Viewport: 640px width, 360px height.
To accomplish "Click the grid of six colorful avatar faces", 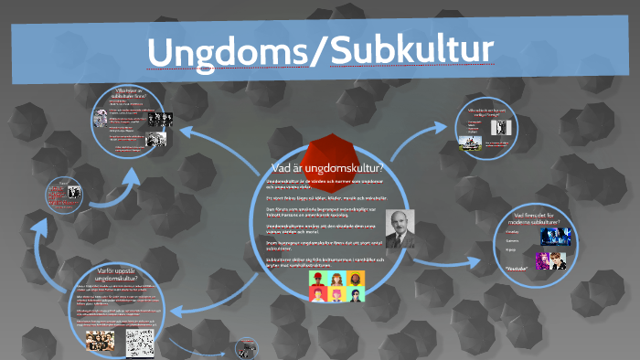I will (x=336, y=286).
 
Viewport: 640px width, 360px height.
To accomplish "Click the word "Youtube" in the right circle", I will (x=518, y=269).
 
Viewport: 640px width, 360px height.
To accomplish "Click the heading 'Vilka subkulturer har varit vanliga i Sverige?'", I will (x=494, y=115).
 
